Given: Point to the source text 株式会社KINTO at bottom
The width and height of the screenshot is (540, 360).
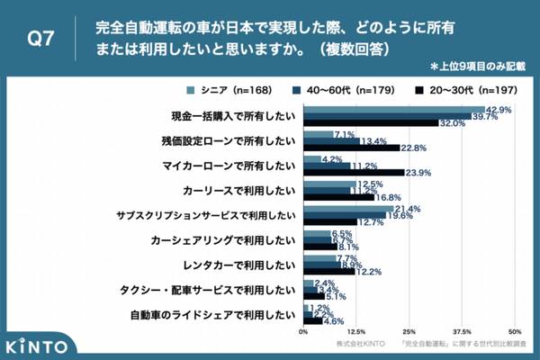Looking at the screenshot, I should [361, 346].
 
